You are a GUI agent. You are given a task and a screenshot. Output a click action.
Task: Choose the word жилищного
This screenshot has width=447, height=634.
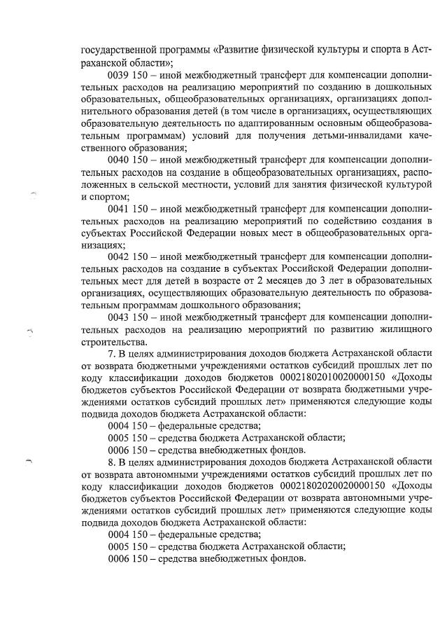tap(399, 329)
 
